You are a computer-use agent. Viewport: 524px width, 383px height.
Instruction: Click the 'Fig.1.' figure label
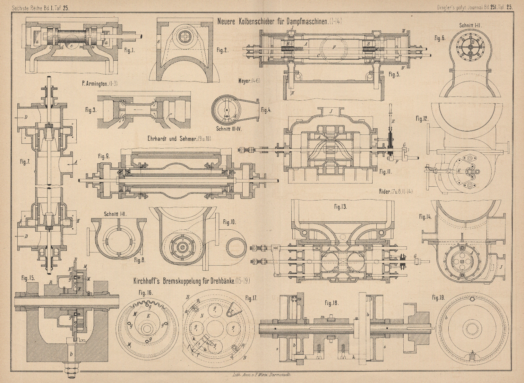pos(129,51)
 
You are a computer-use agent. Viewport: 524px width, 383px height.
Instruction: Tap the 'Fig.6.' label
pos(440,38)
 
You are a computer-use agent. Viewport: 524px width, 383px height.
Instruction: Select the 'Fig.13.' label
pos(340,207)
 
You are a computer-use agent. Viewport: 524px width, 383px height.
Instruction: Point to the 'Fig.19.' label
pos(438,297)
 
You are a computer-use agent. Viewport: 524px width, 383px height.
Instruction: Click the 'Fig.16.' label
pos(146,293)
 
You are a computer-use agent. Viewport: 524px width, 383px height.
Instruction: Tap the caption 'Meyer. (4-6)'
pos(249,81)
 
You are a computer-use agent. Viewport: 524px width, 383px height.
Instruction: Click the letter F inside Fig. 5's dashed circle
pos(334,47)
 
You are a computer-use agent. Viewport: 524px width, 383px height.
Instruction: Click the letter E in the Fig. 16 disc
pos(148,316)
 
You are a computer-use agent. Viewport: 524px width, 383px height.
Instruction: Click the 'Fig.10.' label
pos(229,221)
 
